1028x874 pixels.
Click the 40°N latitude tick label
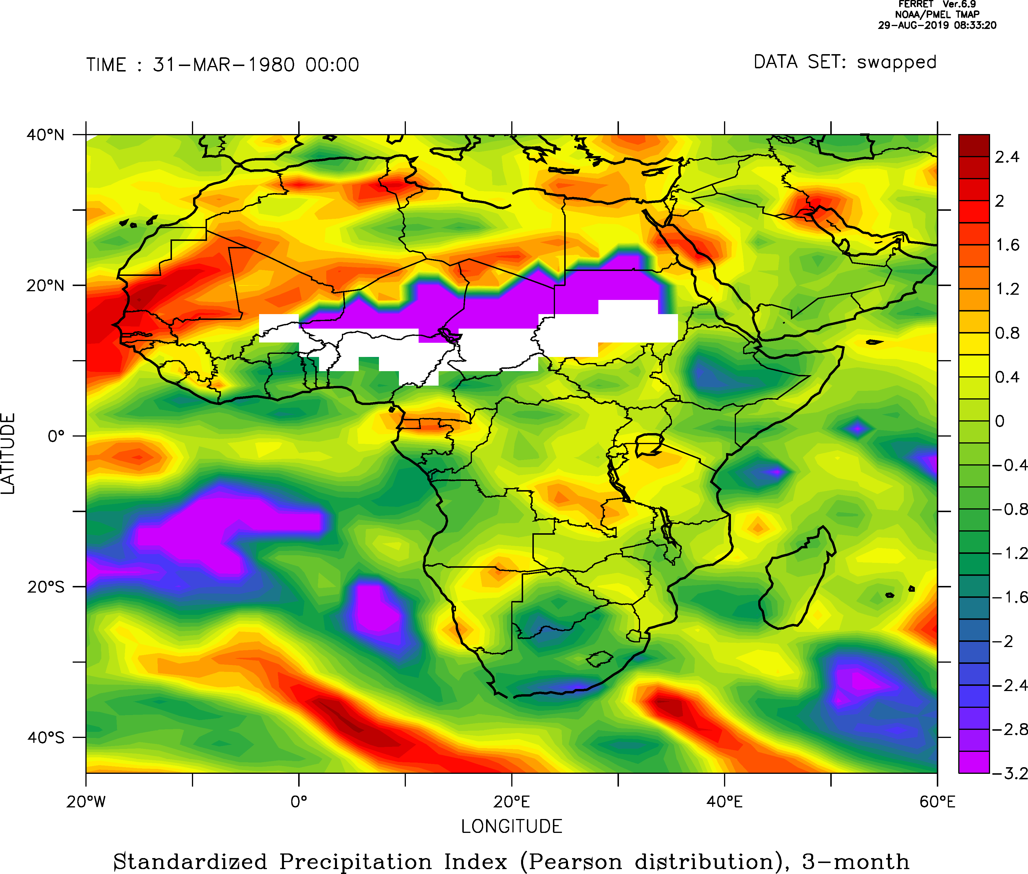point(45,135)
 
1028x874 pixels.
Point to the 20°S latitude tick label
point(45,587)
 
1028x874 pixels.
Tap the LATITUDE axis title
point(8,453)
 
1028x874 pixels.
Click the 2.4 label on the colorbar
point(1007,157)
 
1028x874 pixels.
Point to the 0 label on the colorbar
point(1000,421)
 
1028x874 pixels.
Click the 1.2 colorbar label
point(1007,289)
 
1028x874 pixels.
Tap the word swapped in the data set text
point(897,63)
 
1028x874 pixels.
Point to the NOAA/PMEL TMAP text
point(937,14)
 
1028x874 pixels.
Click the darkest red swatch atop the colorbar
point(974,145)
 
